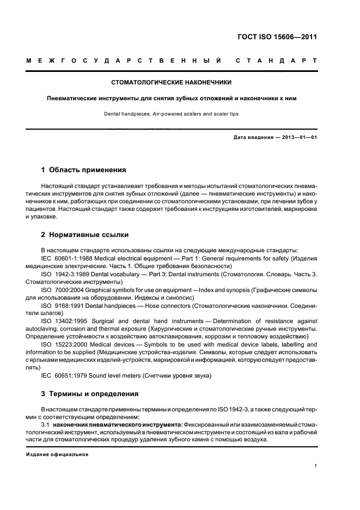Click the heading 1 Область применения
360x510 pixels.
click(84, 169)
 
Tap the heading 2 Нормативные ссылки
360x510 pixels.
click(85, 235)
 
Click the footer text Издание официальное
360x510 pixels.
click(57, 454)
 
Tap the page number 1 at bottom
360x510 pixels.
click(316, 466)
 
